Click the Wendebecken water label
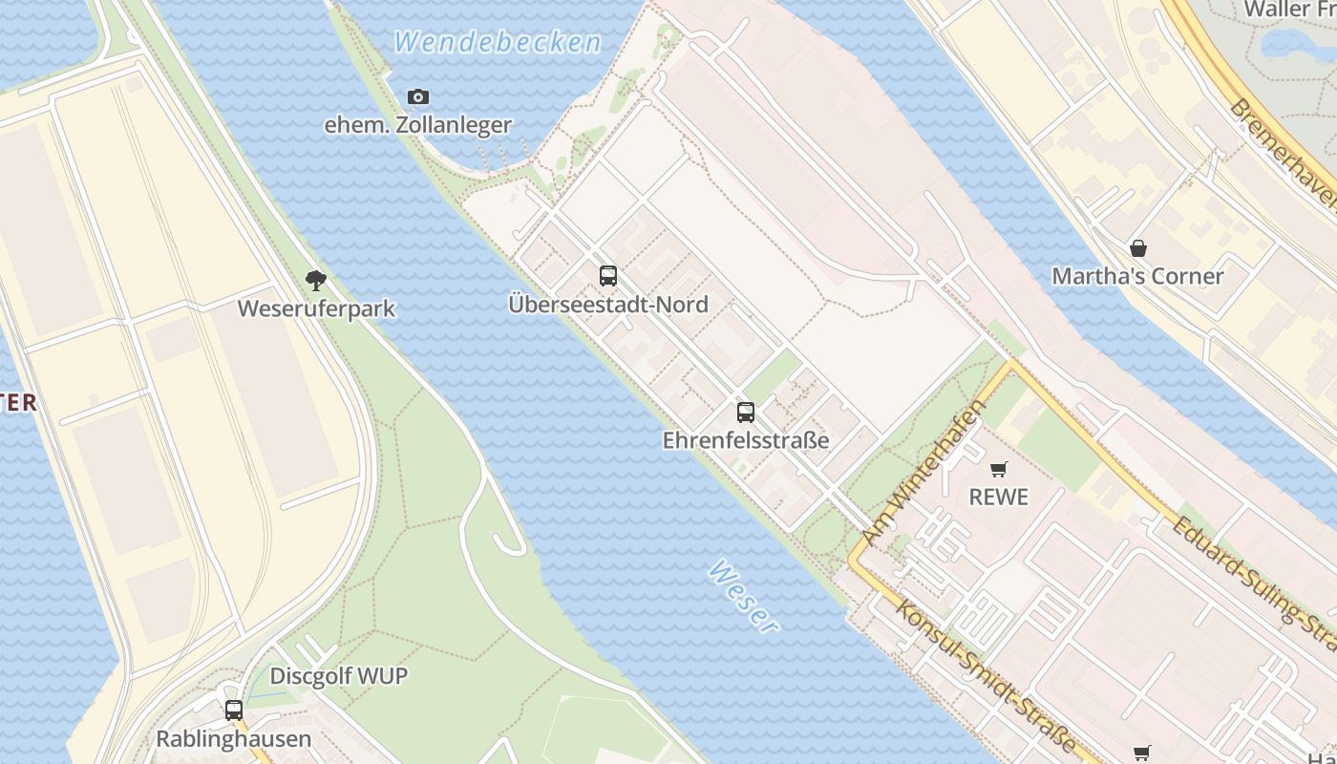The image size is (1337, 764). click(x=498, y=42)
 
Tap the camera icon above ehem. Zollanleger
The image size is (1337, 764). click(x=418, y=96)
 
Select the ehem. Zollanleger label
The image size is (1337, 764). click(x=418, y=125)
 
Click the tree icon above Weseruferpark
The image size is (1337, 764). click(x=316, y=281)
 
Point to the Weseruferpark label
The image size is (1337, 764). click(x=316, y=308)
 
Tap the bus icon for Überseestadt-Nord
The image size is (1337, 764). click(x=608, y=277)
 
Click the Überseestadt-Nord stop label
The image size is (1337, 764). click(x=608, y=305)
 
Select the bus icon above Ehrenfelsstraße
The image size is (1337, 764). click(x=746, y=413)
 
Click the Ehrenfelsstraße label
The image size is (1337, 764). click(x=746, y=440)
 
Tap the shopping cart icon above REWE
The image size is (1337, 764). click(x=999, y=469)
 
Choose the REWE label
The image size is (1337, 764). click(x=999, y=497)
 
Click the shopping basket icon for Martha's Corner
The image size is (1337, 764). click(x=1137, y=248)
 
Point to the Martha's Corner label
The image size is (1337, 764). click(x=1137, y=276)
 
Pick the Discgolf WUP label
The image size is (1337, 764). click(x=339, y=676)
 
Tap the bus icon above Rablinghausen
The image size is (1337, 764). click(x=234, y=711)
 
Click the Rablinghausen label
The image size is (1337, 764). click(x=234, y=739)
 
